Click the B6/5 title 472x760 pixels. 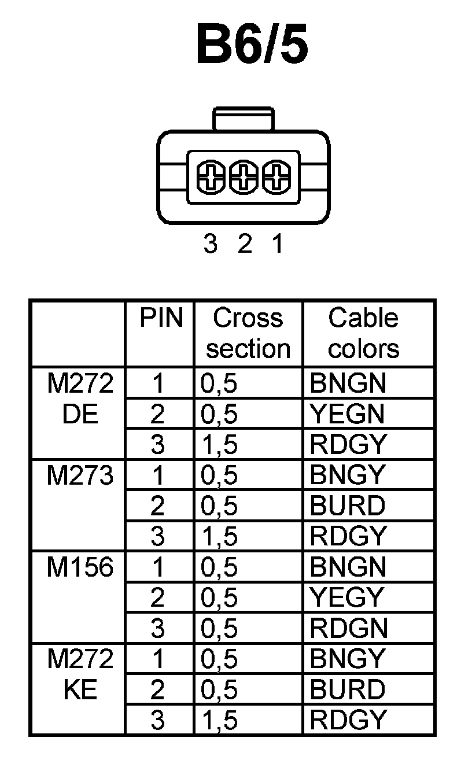tap(252, 43)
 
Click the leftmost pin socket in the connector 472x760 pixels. tap(211, 177)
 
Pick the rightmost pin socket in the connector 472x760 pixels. tap(275, 177)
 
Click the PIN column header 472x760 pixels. tap(160, 318)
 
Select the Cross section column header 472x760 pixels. tap(248, 333)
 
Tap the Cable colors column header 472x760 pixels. tap(363, 333)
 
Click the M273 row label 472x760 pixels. tap(80, 475)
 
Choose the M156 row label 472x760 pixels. tap(80, 567)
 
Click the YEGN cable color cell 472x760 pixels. tap(347, 414)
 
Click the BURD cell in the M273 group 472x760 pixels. tap(347, 506)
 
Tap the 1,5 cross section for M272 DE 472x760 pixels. tap(219, 445)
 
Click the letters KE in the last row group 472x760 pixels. tap(80, 689)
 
